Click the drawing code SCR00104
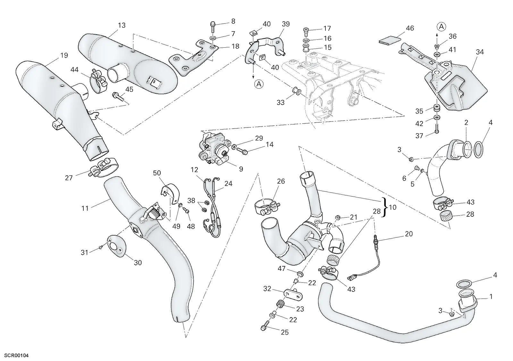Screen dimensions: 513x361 (x=16, y=356)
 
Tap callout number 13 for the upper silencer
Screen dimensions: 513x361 (x=122, y=25)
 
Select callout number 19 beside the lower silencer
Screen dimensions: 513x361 (x=64, y=55)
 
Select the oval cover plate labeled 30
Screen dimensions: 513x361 (x=117, y=245)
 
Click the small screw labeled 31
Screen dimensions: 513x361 (x=101, y=247)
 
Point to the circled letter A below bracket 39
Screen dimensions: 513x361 (x=258, y=84)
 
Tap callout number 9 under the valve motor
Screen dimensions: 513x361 (x=241, y=169)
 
